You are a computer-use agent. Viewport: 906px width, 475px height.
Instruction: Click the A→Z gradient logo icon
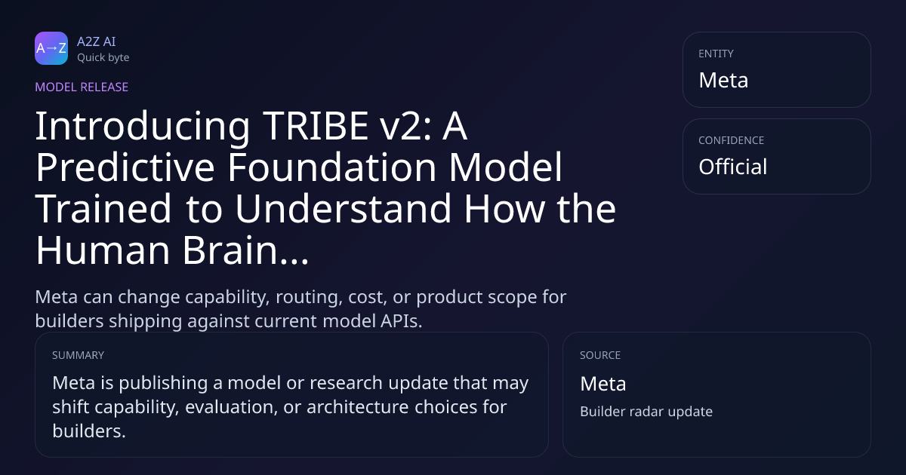point(51,48)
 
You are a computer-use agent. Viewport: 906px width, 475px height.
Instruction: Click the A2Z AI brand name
point(97,41)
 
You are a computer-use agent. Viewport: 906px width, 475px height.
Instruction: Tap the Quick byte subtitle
point(103,58)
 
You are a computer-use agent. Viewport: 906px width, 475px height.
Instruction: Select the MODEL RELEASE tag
point(82,87)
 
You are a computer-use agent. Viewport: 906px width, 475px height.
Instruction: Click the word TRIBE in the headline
point(315,126)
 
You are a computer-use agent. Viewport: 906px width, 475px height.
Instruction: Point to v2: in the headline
point(405,126)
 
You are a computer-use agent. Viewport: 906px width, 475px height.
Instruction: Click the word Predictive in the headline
point(125,167)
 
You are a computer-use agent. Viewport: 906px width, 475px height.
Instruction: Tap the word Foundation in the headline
point(332,167)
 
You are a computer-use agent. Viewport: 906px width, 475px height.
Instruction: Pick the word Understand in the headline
point(343,209)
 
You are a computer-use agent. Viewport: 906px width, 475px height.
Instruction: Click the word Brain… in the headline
point(245,250)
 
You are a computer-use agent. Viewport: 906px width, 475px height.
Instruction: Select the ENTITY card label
point(716,54)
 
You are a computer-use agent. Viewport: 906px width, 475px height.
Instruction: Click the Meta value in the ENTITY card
point(723,80)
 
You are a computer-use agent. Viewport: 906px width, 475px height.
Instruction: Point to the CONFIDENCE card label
point(732,140)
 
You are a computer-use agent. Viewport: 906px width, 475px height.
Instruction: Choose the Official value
point(732,167)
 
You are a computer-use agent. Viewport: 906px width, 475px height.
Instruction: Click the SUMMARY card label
point(78,355)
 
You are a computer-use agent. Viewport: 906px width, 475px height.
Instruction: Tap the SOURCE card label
point(599,355)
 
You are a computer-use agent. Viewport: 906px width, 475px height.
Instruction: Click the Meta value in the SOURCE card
point(602,384)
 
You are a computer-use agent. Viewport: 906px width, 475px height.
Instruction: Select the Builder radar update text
point(646,412)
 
